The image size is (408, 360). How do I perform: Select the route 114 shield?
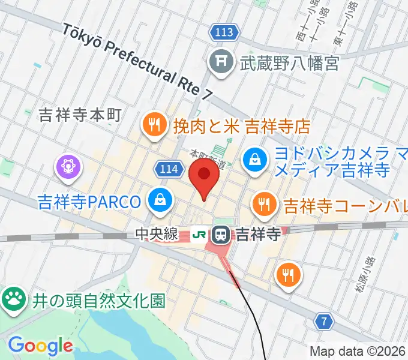(169, 169)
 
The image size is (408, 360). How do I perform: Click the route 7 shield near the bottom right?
(325, 322)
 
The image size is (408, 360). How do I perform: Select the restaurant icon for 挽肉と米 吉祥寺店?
(154, 125)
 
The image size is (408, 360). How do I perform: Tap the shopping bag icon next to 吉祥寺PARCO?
(160, 200)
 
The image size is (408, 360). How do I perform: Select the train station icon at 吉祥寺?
(221, 233)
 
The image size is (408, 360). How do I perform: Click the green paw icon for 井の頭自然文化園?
(12, 298)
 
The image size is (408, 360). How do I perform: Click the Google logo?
(40, 346)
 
